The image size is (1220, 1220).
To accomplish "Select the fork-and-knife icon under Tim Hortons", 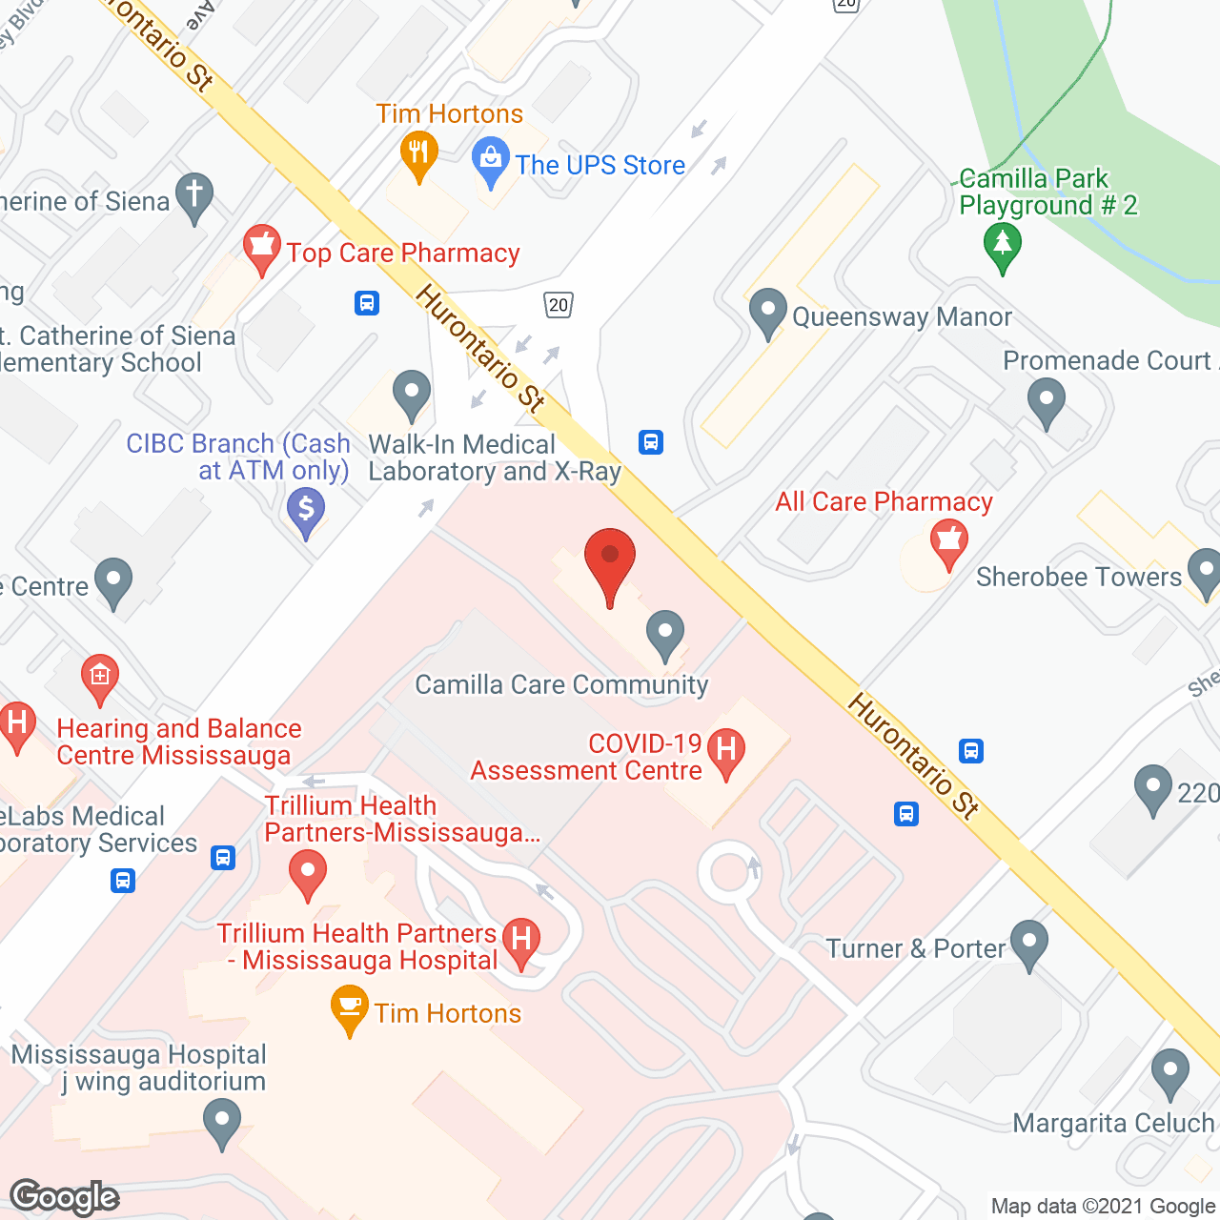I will pos(418,154).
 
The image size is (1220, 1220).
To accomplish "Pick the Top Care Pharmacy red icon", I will pos(261,248).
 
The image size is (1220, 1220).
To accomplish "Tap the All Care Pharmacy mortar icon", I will pos(948,542).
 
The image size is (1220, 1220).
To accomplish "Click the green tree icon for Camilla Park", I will pos(1002,245).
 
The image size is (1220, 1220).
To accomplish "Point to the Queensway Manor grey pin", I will pos(767,313).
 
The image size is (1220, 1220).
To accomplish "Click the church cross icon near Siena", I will pos(194,196).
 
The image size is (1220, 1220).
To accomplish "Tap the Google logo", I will pos(64,1197).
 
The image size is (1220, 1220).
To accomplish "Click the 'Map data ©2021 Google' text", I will pos(1103,1207).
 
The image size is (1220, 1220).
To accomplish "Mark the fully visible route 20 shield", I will pos(559,305).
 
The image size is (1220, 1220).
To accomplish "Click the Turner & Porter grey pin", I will pos(1029,943).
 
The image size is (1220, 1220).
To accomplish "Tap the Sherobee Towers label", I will pos(1078,577).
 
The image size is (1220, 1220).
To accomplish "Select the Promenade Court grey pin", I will pos(1047,400).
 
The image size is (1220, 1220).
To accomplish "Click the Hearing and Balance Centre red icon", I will pos(99,678).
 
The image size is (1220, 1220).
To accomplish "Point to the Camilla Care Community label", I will pos(561,684).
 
